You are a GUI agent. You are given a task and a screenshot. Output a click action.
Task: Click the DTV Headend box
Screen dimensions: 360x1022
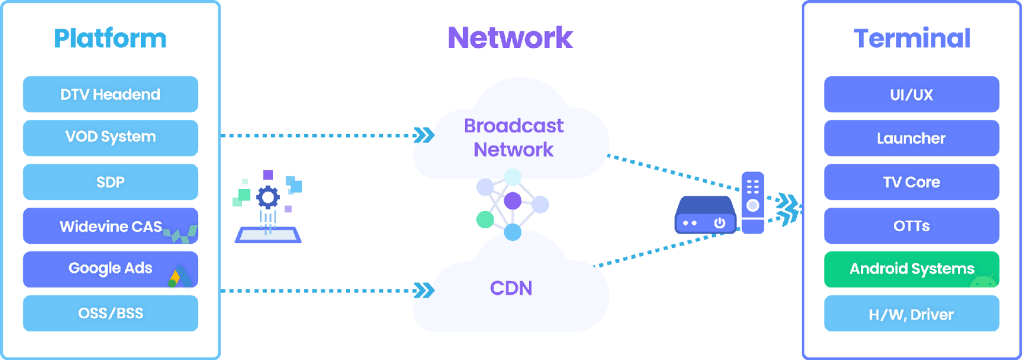(x=110, y=94)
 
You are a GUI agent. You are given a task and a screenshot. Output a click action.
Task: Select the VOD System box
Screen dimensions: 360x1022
(x=110, y=138)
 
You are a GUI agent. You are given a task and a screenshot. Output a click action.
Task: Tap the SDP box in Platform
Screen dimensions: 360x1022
(x=110, y=182)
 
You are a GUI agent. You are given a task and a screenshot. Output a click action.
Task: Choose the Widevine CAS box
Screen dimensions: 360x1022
(x=110, y=226)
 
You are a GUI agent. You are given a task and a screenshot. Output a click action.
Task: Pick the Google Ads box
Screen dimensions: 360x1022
(x=110, y=269)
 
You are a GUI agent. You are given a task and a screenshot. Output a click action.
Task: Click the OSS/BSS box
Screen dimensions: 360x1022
(x=110, y=313)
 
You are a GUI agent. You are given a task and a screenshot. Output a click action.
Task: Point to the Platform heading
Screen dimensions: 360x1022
(x=110, y=39)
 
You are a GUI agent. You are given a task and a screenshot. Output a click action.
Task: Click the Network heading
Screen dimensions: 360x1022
(x=510, y=38)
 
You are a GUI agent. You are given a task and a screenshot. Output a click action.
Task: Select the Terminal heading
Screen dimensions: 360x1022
(x=912, y=39)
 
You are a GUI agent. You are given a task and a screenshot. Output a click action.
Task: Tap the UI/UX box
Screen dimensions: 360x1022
(x=912, y=94)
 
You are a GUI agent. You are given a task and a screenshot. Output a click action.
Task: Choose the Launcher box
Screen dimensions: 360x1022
(x=912, y=138)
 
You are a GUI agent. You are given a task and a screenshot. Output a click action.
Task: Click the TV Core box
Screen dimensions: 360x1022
(x=912, y=182)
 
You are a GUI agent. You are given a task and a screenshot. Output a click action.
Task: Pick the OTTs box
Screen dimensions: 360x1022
(x=912, y=226)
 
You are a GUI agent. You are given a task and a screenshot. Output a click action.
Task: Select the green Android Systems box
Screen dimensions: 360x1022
(x=912, y=270)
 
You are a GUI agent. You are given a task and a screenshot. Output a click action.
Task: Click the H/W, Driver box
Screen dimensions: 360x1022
(x=912, y=314)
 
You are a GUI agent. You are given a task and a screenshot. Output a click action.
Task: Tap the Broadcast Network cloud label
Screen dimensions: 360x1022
(x=513, y=138)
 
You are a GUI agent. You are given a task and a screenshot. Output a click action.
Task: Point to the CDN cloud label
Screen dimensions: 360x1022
(x=511, y=288)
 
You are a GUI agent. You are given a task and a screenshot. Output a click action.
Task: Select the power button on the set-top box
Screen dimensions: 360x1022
(x=719, y=223)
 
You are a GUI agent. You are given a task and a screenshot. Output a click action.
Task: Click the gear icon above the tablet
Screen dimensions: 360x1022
(x=267, y=197)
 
